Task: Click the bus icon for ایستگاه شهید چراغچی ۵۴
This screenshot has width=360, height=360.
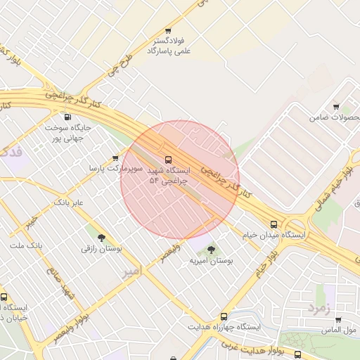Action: click(x=167, y=159)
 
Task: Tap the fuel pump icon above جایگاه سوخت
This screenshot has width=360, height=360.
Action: click(x=67, y=117)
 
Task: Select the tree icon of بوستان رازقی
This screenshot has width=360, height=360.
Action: click(x=102, y=238)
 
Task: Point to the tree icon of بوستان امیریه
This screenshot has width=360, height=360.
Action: click(x=212, y=250)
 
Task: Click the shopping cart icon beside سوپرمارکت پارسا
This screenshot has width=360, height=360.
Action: click(x=115, y=158)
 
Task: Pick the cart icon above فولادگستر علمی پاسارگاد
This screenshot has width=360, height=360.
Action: click(x=167, y=31)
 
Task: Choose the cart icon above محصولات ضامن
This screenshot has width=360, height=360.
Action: click(x=335, y=106)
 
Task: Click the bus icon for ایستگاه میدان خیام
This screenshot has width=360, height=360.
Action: click(x=274, y=224)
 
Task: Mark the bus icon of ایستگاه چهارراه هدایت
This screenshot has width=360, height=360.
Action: click(x=224, y=316)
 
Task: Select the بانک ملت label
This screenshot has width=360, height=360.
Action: click(x=27, y=245)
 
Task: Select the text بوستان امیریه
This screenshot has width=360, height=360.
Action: click(x=211, y=261)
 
